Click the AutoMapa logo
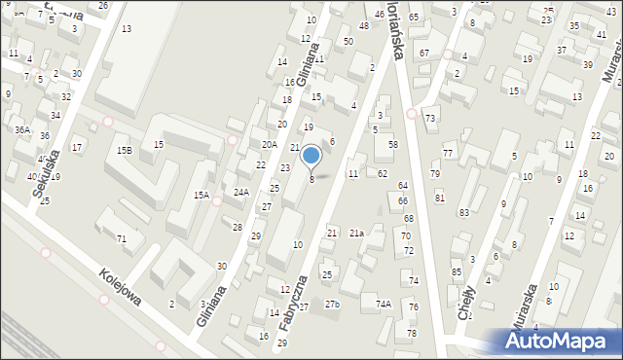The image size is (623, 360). [561, 342]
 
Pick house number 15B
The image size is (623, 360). [124, 151]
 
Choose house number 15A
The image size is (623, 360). [201, 196]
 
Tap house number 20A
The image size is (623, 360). [269, 144]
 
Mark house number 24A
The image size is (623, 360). [241, 193]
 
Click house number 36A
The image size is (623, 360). [21, 129]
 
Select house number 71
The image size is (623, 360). [122, 238]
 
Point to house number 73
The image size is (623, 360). [430, 118]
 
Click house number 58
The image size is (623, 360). [392, 144]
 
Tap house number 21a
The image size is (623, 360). [357, 234]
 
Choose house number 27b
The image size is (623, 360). [333, 305]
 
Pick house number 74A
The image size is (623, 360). [384, 305]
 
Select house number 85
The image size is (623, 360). [456, 271]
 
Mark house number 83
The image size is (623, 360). [463, 212]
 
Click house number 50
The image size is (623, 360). [348, 42]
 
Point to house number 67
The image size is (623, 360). [423, 52]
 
